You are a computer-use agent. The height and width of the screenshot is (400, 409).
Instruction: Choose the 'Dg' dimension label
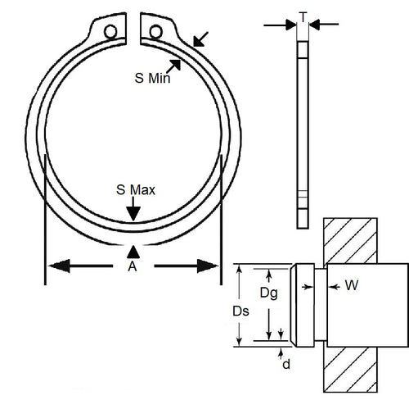[267, 293]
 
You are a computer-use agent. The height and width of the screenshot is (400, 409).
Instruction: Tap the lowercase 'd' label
[285, 364]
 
